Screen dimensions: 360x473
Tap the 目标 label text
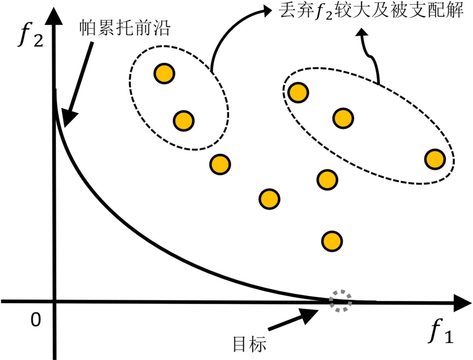pyautogui.click(x=250, y=345)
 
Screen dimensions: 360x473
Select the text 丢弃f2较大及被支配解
pyautogui.click(x=370, y=11)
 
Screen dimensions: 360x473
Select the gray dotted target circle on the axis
pyautogui.click(x=340, y=301)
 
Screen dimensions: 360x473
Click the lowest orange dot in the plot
pyautogui.click(x=332, y=240)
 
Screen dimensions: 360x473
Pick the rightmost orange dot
pyautogui.click(x=435, y=159)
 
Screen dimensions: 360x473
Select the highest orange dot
pyautogui.click(x=164, y=73)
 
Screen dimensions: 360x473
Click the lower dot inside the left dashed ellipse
pyautogui.click(x=184, y=120)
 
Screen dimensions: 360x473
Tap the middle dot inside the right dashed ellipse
pyautogui.click(x=343, y=118)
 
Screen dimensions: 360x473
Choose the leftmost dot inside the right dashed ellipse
pyautogui.click(x=298, y=92)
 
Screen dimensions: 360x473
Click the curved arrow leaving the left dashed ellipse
pyautogui.click(x=229, y=28)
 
